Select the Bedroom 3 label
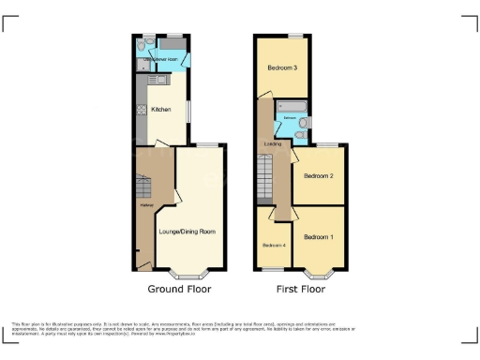click(x=282, y=68)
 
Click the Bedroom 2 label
click(x=319, y=175)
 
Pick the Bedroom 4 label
click(x=272, y=245)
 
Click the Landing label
click(x=273, y=143)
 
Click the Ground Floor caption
click(x=180, y=290)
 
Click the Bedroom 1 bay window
click(x=319, y=275)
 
